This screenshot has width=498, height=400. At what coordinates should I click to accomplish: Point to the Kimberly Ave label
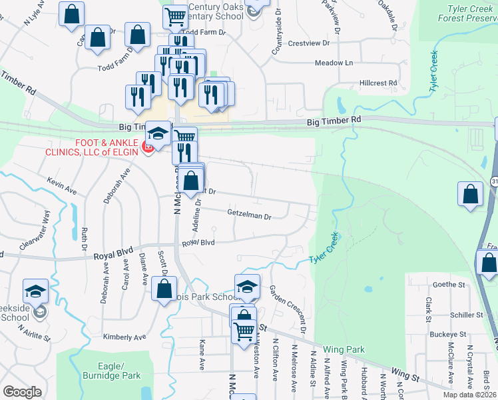click(124, 337)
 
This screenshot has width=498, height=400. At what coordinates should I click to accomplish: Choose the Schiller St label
click(466, 315)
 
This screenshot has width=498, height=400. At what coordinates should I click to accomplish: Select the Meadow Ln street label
click(334, 63)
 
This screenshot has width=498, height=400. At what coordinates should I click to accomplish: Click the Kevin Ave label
click(61, 186)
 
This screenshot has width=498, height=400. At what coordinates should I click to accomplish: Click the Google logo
click(22, 392)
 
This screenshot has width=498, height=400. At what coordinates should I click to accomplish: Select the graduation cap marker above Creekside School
click(35, 291)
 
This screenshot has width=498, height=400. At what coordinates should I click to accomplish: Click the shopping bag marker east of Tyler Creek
click(470, 194)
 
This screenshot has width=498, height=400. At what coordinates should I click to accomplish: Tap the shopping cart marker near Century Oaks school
click(175, 16)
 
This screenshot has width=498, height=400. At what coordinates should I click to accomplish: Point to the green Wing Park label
click(344, 349)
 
